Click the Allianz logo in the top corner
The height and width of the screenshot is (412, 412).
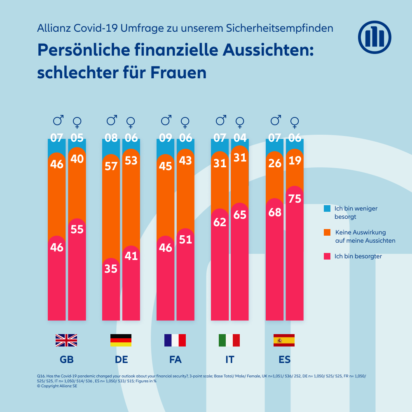tap(374, 37)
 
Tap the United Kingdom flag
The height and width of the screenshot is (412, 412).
tap(66, 340)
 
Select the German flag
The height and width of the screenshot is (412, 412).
tap(121, 340)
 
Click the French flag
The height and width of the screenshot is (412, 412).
tap(175, 340)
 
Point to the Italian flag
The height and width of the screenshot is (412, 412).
tap(229, 340)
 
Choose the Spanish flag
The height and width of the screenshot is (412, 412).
tap(284, 340)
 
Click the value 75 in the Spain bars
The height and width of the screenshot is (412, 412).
tap(295, 199)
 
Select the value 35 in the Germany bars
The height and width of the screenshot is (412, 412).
tap(111, 269)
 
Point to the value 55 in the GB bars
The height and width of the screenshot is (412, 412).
tap(77, 229)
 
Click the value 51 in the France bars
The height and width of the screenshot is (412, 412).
tap(186, 239)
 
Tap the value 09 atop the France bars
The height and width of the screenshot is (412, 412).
tap(166, 138)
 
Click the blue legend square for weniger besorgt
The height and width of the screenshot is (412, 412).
tap(328, 208)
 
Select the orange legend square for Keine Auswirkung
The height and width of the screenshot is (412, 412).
tap(328, 232)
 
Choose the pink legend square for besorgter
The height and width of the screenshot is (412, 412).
tap(328, 256)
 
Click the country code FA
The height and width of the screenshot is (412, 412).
tap(176, 360)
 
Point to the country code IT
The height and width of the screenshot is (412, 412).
tap(230, 360)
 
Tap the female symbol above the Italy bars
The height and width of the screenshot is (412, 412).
tap(240, 122)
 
